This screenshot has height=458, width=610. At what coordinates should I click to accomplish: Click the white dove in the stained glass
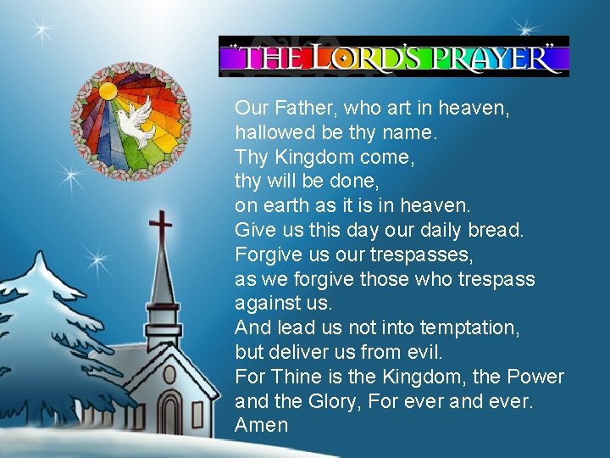point(136,117)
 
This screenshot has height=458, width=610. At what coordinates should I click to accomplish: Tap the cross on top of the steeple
point(159,228)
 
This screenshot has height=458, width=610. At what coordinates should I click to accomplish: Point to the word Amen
point(262,425)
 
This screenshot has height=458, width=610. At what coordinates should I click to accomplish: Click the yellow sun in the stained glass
point(108,91)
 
